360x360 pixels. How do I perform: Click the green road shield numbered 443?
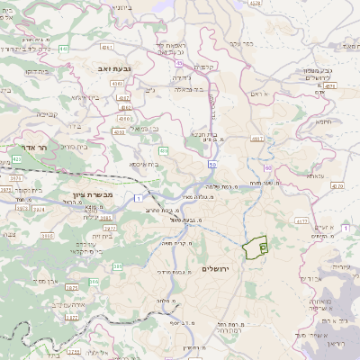[65, 49]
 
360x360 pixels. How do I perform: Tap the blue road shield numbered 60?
[267, 168]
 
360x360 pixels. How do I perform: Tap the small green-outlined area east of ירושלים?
[257, 245]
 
